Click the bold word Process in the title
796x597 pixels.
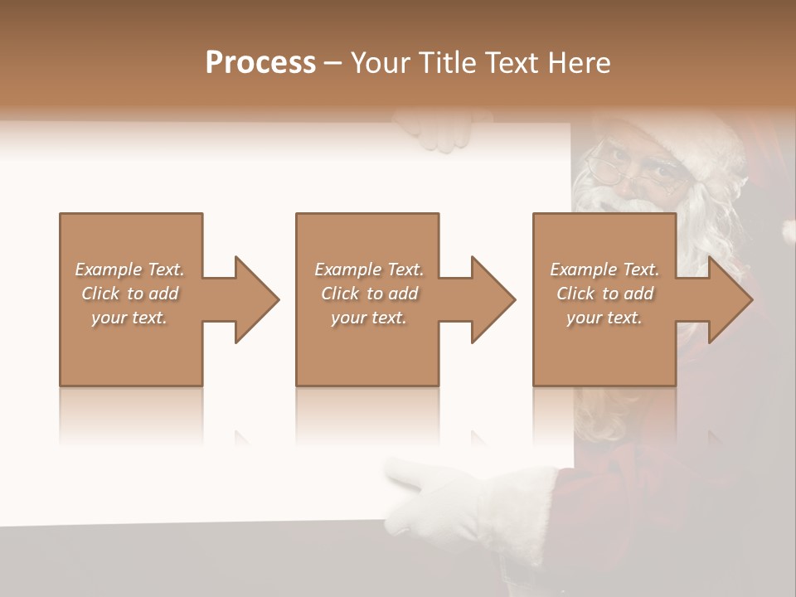point(260,63)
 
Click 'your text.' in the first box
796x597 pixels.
point(129,318)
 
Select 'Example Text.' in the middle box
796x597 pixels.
point(368,269)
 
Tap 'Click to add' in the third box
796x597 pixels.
point(604,294)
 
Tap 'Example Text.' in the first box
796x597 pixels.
point(129,269)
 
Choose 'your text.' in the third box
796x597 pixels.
point(604,318)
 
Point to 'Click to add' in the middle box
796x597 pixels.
point(368,294)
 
